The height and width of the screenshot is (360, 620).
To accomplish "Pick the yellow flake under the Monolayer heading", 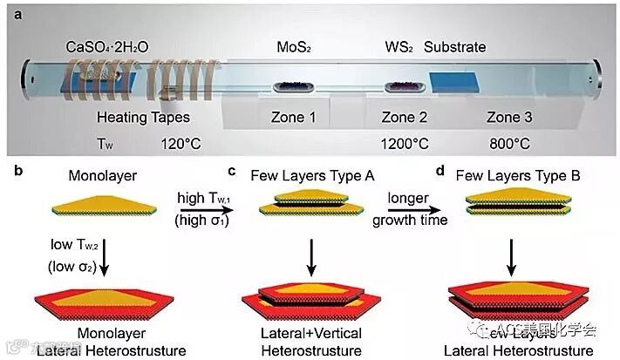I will tap(106, 208).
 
